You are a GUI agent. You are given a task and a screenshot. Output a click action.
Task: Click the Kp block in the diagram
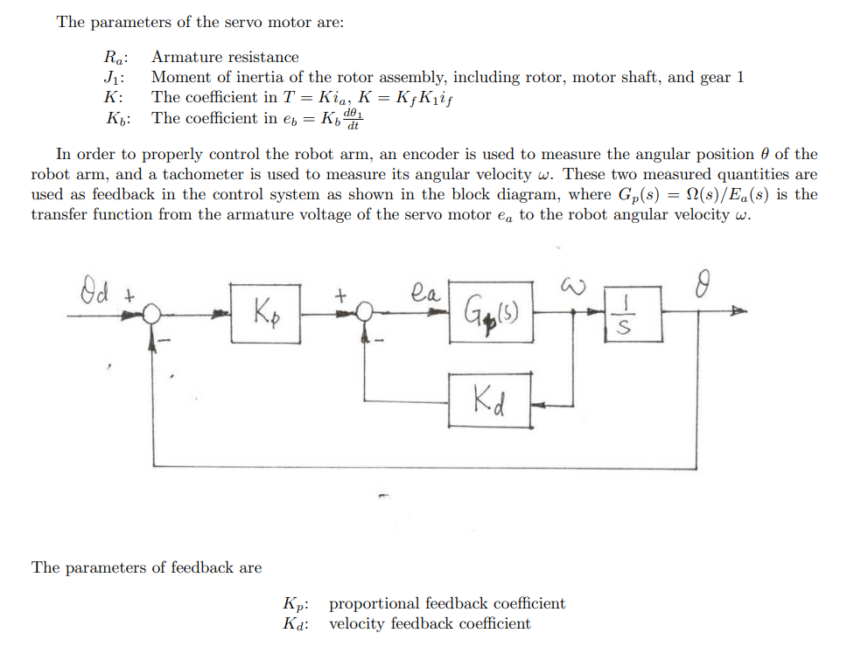coord(266,310)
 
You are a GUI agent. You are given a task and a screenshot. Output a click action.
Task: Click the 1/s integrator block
coord(633,311)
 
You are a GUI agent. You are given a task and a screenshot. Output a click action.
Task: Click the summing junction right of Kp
coord(366,311)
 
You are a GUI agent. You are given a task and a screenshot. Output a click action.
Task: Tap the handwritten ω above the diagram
coord(570,283)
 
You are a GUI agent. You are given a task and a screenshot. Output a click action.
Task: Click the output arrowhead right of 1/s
coord(739,311)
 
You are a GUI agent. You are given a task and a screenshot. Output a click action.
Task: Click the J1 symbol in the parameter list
coord(114,78)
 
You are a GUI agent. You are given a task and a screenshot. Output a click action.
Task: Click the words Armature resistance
coord(225,57)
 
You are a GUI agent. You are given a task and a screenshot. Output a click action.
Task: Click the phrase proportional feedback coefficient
coord(446,603)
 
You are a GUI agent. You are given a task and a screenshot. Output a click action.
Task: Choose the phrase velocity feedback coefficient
coord(429,623)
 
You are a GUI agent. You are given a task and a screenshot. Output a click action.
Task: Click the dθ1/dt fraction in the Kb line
coord(353,119)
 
